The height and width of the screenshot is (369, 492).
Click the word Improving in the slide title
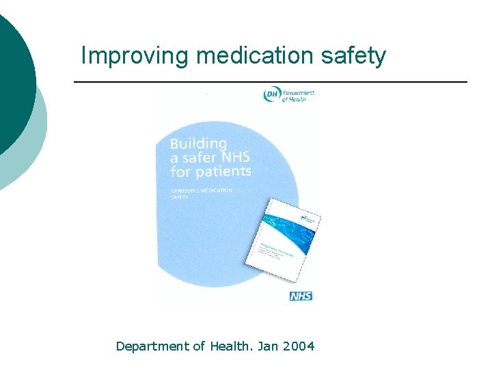click(133, 55)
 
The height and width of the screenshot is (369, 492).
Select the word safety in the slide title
click(355, 55)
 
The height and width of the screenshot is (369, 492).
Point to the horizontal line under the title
click(270, 82)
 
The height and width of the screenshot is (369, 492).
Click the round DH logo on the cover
click(271, 94)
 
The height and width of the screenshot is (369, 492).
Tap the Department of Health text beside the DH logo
click(298, 96)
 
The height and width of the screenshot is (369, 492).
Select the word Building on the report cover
click(198, 144)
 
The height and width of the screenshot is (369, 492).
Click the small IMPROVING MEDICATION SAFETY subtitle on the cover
click(201, 193)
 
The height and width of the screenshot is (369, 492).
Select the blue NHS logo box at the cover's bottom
click(301, 295)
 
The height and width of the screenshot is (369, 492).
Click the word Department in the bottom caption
click(152, 346)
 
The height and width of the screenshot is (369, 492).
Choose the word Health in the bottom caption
click(229, 346)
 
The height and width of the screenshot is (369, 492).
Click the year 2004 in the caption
click(299, 346)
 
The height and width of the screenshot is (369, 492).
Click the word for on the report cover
click(180, 172)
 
